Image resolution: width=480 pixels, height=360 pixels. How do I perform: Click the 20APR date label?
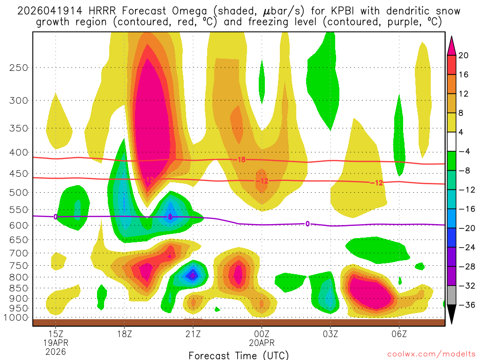point(262,343)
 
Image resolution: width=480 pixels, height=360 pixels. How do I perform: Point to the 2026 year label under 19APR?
point(55,351)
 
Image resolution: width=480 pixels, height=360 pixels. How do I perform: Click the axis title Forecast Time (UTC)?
point(239,355)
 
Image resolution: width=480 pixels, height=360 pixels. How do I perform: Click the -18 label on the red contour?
point(240,160)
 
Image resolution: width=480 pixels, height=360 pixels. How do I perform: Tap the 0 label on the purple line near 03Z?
point(307,224)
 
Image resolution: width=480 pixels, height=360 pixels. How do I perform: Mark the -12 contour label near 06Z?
point(376,183)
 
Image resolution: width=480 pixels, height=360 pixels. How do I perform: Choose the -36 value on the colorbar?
point(465,305)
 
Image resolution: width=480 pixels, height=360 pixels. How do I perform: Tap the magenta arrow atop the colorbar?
point(452,45)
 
